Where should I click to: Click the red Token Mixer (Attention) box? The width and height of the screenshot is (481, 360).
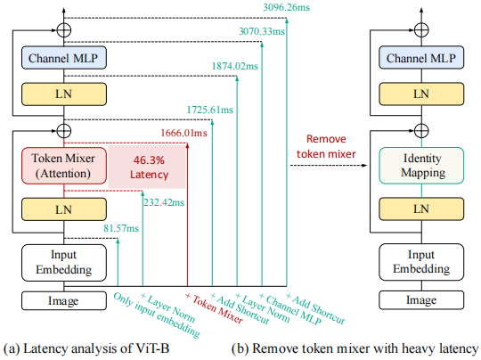click(64, 166)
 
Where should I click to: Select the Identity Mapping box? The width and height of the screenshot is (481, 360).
click(421, 166)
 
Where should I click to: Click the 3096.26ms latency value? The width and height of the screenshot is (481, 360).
click(287, 7)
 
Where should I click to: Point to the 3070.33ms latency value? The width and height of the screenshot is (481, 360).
click(262, 31)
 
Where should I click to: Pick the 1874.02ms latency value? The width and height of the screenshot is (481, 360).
click(234, 66)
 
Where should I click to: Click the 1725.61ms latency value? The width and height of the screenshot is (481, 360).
click(210, 110)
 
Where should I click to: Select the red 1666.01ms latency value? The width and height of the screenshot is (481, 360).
click(183, 133)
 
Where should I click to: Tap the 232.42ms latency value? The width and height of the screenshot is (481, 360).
click(164, 202)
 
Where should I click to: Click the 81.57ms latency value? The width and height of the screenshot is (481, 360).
click(121, 228)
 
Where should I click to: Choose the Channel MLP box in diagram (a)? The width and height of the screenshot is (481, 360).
click(64, 58)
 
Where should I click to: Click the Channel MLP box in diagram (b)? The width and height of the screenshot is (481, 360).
click(421, 58)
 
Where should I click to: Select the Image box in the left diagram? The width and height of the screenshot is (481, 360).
click(64, 301)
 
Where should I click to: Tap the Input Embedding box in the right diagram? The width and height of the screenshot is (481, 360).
click(421, 262)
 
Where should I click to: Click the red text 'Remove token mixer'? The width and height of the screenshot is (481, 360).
click(326, 146)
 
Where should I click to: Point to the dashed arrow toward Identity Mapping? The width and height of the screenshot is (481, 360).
click(329, 166)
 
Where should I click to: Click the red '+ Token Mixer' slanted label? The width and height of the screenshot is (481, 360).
click(215, 308)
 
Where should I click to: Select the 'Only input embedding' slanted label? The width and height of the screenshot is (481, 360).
click(157, 315)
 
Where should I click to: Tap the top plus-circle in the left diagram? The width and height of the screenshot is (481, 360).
click(64, 30)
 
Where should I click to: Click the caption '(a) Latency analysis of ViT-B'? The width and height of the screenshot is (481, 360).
click(86, 348)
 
